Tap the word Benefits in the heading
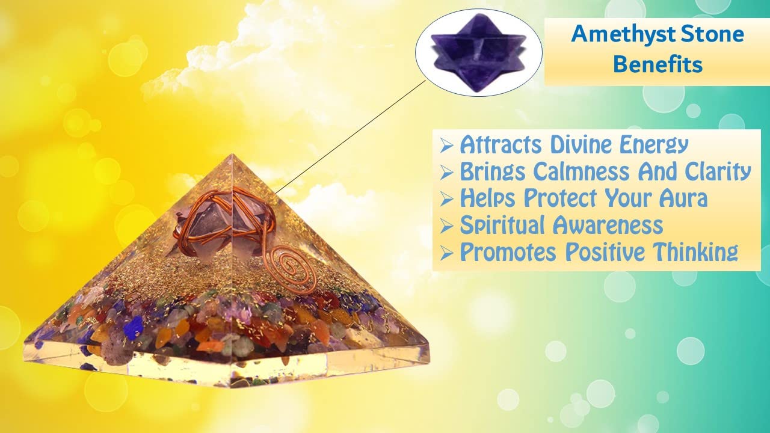click(658, 64)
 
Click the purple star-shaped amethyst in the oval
click(478, 52)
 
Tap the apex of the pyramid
click(232, 155)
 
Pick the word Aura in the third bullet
click(683, 198)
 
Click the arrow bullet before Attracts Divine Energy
click(446, 146)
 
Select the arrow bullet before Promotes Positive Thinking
click(446, 254)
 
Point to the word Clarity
click(718, 172)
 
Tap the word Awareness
click(608, 226)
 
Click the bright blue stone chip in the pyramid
click(134, 326)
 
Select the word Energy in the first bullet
click(653, 146)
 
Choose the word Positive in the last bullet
click(605, 253)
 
